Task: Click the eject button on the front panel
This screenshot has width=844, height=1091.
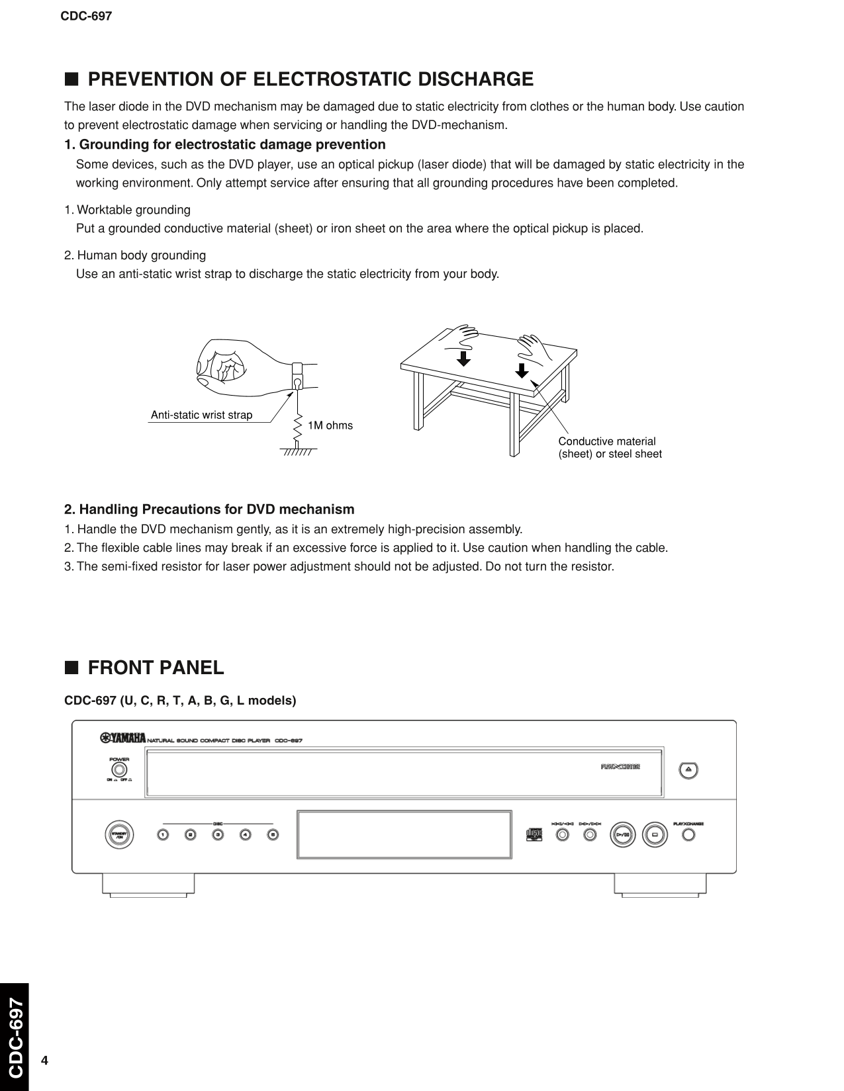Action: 688,769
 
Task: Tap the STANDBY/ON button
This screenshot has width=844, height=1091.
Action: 119,834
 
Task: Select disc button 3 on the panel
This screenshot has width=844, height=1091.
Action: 218,834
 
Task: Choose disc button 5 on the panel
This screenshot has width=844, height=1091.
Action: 273,834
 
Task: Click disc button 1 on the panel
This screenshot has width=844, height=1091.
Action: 163,834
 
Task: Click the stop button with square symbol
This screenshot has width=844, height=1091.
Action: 654,834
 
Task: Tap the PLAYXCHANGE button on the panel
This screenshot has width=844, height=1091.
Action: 688,835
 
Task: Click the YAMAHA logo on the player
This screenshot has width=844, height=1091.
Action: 123,739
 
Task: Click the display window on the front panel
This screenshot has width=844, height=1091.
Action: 404,834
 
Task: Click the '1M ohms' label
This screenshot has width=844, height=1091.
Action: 330,425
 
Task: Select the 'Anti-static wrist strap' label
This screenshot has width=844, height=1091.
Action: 201,415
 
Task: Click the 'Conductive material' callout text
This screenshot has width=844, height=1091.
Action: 607,441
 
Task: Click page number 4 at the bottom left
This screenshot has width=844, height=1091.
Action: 44,1061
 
